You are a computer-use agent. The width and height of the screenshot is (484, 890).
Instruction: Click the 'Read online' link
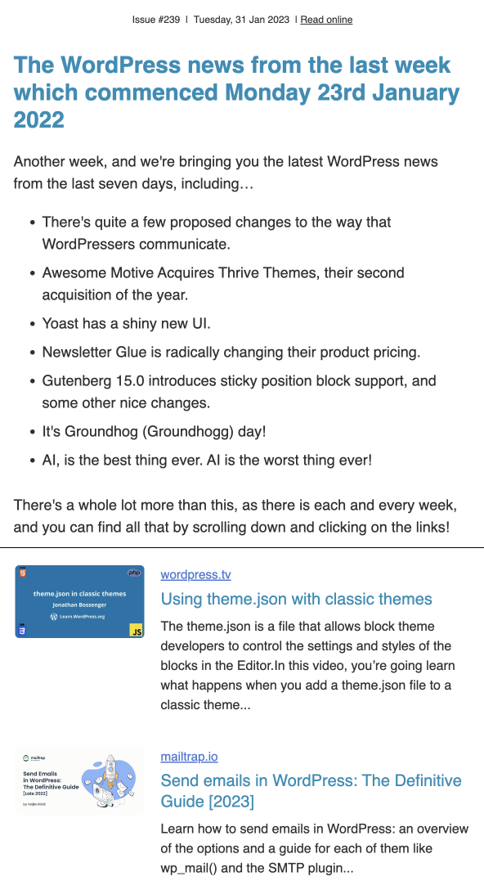click(326, 20)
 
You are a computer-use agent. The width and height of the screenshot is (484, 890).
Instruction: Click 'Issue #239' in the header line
click(156, 20)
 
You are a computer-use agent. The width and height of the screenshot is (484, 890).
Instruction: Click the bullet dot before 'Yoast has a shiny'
click(32, 325)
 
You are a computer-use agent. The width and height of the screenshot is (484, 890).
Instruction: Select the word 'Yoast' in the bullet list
click(62, 324)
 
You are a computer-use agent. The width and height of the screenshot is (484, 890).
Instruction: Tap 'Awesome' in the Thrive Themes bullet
click(73, 272)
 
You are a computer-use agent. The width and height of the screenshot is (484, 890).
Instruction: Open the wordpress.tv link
click(195, 575)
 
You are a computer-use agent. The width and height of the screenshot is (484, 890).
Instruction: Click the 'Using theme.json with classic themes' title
click(296, 599)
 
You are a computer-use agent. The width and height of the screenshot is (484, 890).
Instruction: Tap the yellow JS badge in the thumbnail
click(137, 631)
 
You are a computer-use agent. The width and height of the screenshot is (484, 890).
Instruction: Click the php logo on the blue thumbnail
click(135, 573)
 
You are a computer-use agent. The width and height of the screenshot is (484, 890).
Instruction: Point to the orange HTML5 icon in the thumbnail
click(23, 573)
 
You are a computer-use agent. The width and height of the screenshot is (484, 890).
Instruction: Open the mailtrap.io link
click(189, 757)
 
